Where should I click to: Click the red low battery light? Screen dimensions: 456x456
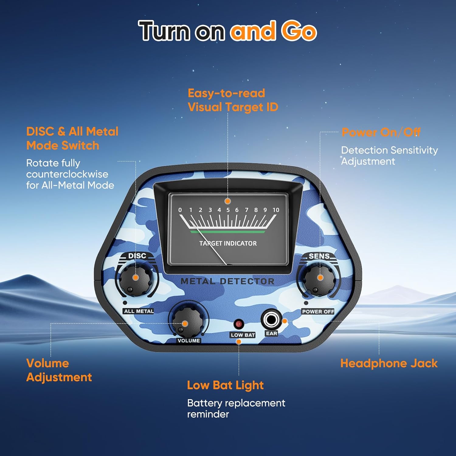tap(239, 324)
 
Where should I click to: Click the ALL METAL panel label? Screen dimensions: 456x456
tap(139, 311)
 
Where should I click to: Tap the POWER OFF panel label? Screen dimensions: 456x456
tap(318, 312)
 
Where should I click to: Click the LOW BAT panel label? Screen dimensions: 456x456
tap(243, 335)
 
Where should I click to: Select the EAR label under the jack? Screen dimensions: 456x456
tap(271, 333)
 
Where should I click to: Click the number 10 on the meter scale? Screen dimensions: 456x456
tap(276, 210)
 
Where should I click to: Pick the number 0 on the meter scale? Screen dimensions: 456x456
tap(180, 210)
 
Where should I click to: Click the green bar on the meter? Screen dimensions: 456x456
tap(227, 232)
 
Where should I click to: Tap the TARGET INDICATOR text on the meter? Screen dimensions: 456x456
tap(228, 243)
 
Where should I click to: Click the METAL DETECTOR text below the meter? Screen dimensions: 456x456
tap(227, 281)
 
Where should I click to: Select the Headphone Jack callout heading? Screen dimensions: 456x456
tap(389, 363)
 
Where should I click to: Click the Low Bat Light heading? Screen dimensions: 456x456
tap(225, 385)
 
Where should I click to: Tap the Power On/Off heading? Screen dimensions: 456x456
tap(381, 132)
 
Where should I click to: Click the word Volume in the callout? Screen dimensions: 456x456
tap(47, 363)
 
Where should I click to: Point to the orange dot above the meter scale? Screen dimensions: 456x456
tap(227, 201)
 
